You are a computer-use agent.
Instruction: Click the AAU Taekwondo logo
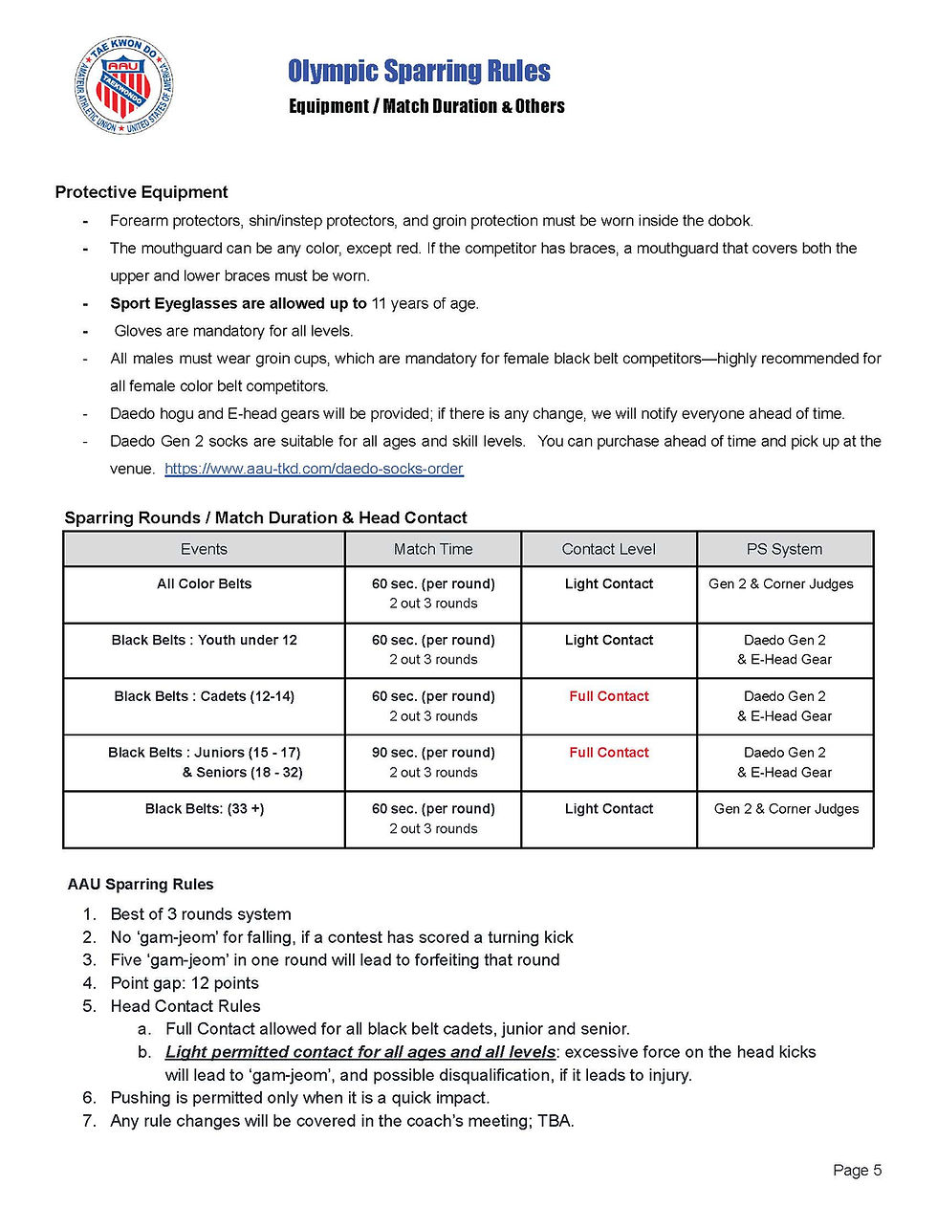point(123,86)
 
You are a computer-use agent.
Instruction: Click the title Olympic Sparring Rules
point(419,72)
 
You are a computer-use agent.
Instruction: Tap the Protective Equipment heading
point(142,192)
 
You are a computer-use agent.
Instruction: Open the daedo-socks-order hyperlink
point(314,469)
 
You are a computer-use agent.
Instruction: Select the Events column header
point(204,549)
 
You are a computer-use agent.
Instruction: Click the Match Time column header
point(433,549)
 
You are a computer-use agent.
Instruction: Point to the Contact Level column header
point(609,549)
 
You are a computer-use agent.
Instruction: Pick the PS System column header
point(784,549)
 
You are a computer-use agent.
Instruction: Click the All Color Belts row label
point(204,583)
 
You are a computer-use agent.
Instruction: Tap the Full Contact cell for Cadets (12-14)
point(609,696)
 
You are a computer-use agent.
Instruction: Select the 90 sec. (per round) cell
point(433,753)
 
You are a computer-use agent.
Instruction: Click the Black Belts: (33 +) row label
point(204,809)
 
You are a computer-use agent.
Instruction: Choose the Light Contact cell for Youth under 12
point(609,640)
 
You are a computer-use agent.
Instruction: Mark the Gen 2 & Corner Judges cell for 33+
point(786,809)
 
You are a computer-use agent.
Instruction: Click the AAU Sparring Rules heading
point(141,885)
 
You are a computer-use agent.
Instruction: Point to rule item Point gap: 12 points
point(185,983)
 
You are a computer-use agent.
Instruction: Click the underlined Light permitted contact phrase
point(360,1052)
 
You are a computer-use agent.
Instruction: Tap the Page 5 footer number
point(857,1171)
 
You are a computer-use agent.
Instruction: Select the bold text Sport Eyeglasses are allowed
point(238,303)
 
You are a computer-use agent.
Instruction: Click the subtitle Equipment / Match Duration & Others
point(426,106)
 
